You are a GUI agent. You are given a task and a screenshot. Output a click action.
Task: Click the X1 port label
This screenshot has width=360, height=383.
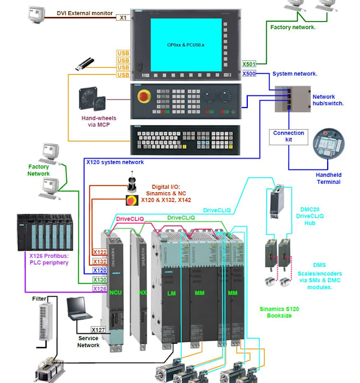123,17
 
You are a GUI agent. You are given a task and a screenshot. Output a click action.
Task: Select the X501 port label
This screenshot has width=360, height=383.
249,64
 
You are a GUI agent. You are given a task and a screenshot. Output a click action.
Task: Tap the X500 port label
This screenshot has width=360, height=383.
249,74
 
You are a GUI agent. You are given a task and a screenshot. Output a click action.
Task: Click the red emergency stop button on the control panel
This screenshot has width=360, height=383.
143,97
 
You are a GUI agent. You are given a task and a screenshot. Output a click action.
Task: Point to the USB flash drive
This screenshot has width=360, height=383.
85,65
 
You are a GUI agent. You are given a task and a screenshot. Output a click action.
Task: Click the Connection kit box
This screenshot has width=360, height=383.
288,137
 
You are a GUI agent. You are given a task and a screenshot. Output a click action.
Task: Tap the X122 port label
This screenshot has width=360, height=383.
100,252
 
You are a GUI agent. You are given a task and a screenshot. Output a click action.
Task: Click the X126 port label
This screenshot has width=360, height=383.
100,289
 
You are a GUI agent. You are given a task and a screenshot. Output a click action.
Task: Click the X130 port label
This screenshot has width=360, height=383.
100,280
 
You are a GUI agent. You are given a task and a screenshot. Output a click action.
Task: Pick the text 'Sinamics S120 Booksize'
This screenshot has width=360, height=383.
275,311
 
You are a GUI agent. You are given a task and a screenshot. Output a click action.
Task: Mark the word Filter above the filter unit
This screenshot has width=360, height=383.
40,299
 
